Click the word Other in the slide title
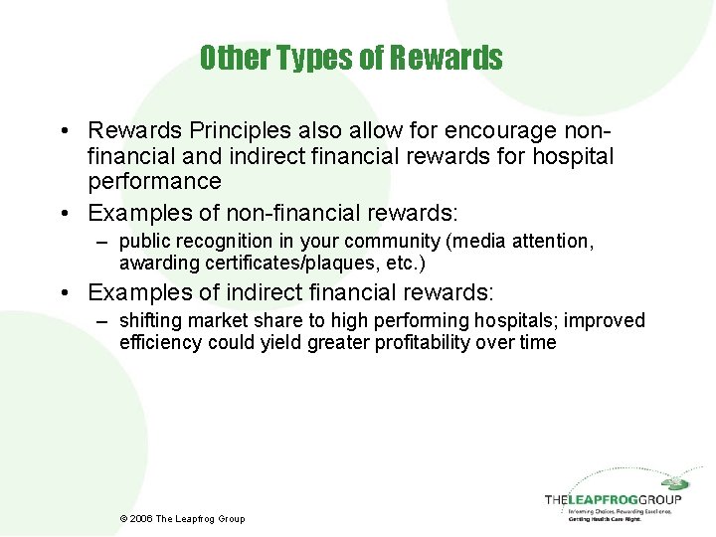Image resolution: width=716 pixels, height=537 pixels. point(228,58)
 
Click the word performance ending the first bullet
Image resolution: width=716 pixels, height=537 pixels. point(154,181)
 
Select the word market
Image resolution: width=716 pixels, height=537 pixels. point(211,320)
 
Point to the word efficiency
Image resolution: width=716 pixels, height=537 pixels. point(160,342)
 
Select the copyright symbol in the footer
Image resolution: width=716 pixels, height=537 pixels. point(123,518)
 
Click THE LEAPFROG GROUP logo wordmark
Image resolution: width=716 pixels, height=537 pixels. point(613,499)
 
